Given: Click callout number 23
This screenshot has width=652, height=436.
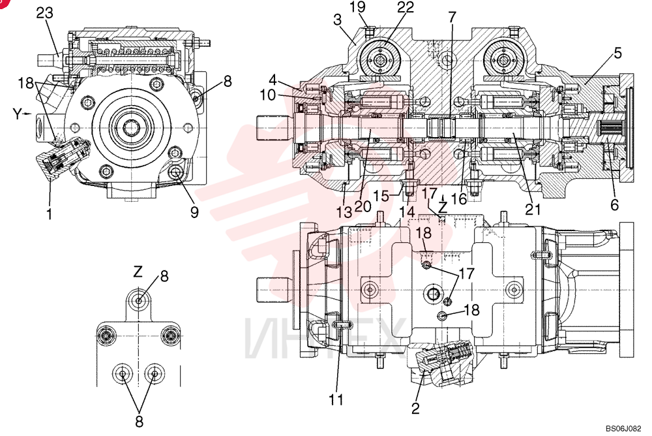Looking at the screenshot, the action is [45, 13].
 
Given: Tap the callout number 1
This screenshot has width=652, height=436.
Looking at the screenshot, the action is [50, 214].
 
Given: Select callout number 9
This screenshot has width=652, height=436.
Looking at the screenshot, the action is [194, 212].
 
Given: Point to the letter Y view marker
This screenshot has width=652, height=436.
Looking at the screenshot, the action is [18, 114].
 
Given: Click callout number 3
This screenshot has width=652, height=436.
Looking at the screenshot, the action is [337, 20].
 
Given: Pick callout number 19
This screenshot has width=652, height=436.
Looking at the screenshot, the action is [357, 7].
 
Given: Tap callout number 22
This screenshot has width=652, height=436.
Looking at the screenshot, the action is [405, 7].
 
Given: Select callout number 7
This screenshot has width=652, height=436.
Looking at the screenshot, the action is [452, 17].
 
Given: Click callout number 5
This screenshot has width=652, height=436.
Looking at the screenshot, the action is [617, 53].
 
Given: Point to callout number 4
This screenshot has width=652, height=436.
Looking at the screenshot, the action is [273, 80].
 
